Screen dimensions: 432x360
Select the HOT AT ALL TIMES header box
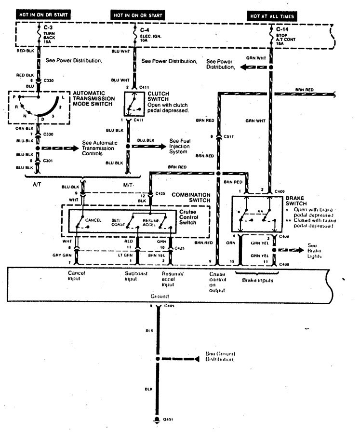(271, 16)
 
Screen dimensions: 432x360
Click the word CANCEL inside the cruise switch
(93, 220)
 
